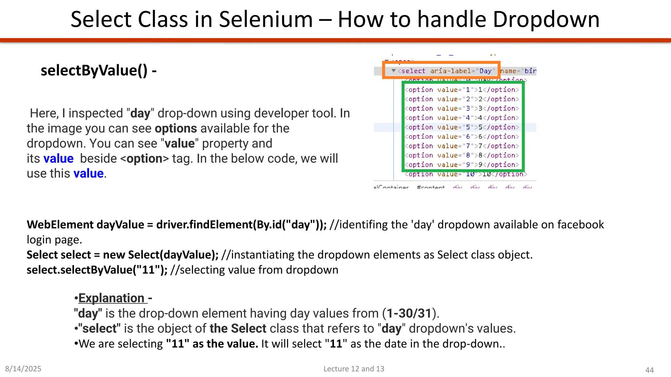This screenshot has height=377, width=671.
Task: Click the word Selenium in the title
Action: click(265, 19)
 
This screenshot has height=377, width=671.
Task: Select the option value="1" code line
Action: click(462, 90)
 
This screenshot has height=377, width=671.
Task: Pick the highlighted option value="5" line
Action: click(462, 127)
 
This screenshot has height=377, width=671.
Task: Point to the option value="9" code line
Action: click(462, 165)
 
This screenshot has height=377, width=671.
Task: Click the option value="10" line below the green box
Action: click(465, 174)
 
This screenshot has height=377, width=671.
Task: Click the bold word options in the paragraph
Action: click(176, 129)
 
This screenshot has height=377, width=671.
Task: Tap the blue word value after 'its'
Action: click(58, 159)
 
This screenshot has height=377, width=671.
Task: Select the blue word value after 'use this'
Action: click(88, 174)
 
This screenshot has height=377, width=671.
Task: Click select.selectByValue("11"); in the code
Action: click(97, 270)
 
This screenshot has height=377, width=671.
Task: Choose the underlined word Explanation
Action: click(111, 298)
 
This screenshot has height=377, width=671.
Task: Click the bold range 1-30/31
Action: click(409, 314)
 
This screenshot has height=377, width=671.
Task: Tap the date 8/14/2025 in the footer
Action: click(23, 369)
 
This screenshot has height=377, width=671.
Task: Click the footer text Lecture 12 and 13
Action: click(354, 369)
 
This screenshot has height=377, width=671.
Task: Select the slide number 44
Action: click(649, 370)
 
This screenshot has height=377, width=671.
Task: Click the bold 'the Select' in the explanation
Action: click(238, 329)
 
